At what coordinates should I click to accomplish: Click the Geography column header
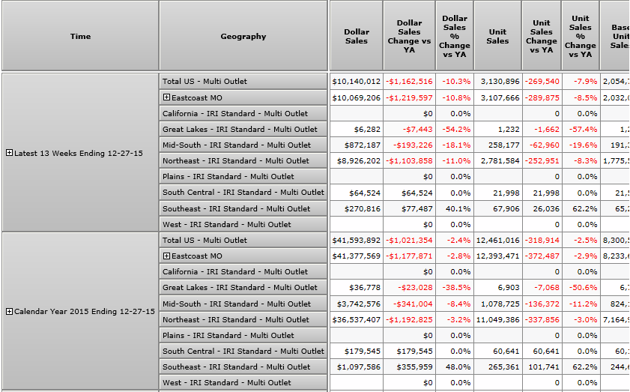(x=243, y=36)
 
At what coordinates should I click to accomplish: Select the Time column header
(x=80, y=36)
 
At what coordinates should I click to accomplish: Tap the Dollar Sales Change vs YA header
(x=409, y=37)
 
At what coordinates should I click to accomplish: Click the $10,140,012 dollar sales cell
(x=357, y=81)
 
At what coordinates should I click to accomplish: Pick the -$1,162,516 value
(x=409, y=81)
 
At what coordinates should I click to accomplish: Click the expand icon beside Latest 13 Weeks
(x=9, y=153)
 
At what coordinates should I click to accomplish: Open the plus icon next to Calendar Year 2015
(x=9, y=311)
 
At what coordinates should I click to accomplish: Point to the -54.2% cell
(x=456, y=129)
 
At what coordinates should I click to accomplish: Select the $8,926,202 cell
(x=357, y=160)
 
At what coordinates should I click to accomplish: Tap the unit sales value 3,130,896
(x=498, y=81)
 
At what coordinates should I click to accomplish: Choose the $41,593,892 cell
(x=357, y=240)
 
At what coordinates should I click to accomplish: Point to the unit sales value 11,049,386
(x=498, y=319)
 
